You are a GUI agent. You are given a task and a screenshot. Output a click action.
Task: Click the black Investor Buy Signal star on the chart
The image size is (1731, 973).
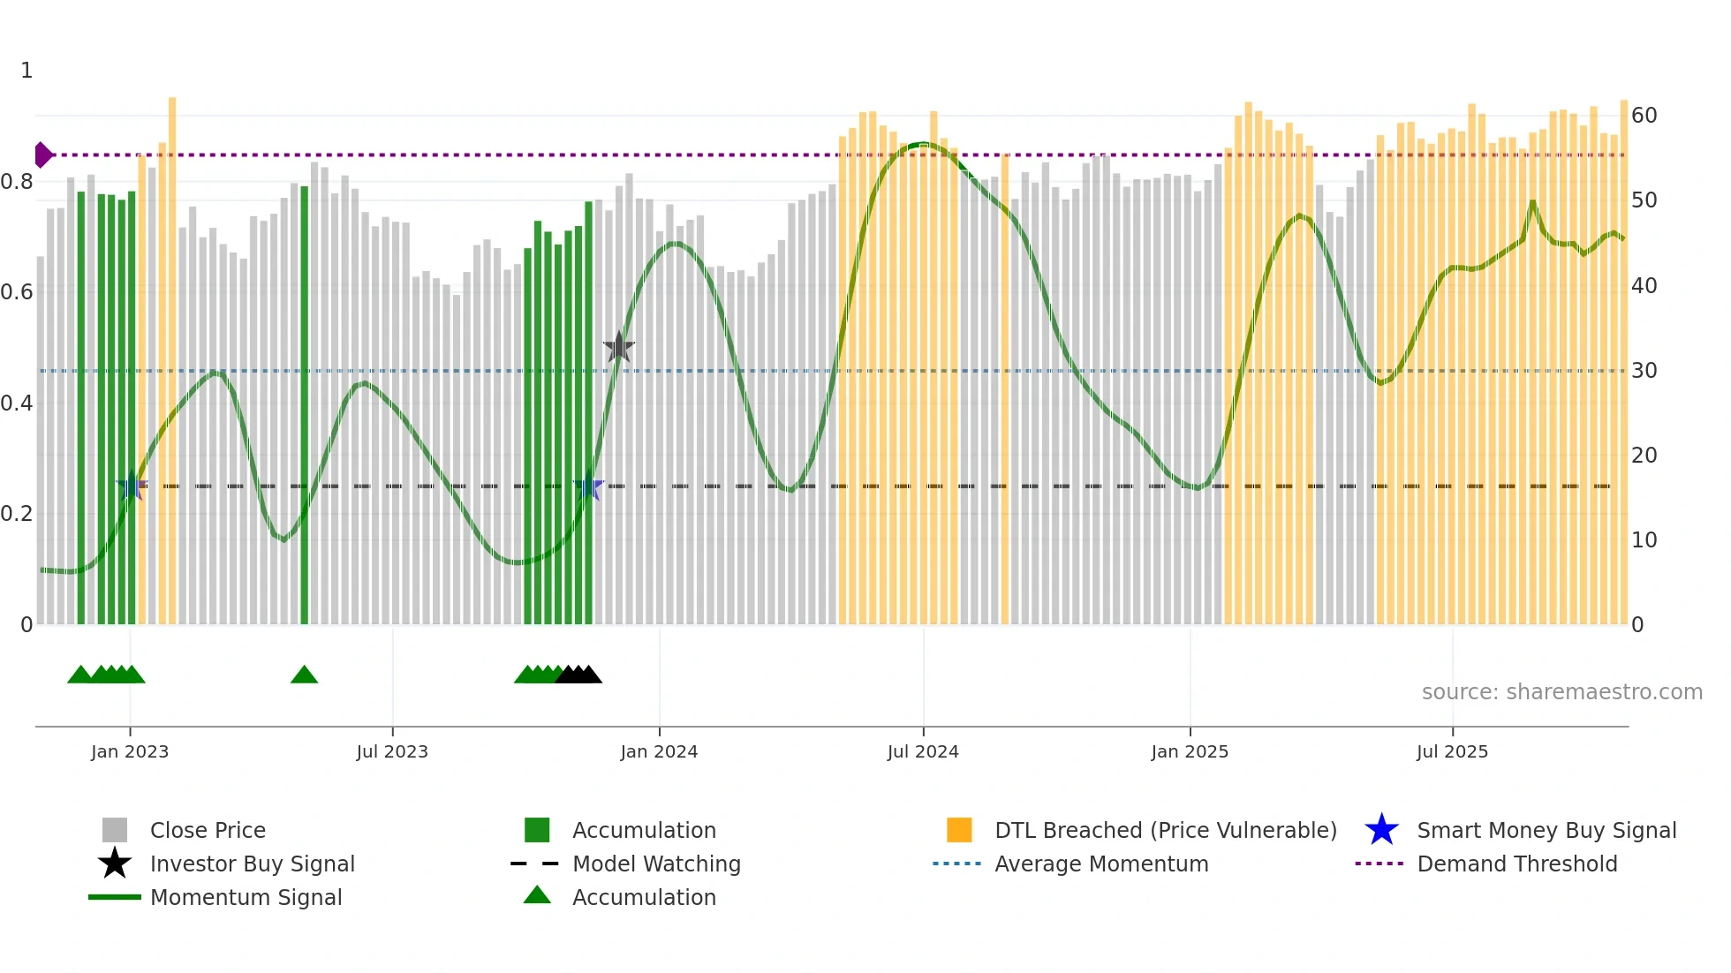point(619,347)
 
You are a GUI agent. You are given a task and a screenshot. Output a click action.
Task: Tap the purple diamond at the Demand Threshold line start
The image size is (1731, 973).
point(42,155)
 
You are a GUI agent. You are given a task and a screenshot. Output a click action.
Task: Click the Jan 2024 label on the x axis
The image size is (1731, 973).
point(659,751)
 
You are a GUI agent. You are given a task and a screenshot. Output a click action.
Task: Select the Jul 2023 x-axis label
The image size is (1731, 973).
point(392,751)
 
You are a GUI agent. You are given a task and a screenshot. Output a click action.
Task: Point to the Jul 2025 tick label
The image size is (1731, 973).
point(1452,751)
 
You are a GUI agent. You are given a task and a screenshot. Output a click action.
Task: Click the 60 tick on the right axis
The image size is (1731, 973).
point(1644,116)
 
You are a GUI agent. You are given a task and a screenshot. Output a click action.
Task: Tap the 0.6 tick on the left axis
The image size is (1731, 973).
point(17,292)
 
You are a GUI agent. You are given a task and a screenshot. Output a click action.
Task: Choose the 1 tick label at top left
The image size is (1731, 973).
point(26,71)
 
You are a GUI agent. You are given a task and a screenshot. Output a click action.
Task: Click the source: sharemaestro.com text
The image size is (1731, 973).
point(1561,691)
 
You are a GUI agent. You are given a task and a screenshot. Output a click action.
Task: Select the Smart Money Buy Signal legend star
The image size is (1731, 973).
point(1381,830)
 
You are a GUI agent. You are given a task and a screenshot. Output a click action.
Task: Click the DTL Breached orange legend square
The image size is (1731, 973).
point(959,830)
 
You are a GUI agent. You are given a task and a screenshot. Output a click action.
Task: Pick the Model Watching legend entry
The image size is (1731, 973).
point(656,864)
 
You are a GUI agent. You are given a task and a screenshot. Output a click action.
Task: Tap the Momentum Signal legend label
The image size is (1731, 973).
point(246,897)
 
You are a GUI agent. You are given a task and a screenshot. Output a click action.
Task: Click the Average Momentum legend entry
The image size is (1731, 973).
point(1101,864)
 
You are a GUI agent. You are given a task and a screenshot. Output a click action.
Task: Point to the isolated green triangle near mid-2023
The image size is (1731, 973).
point(304,675)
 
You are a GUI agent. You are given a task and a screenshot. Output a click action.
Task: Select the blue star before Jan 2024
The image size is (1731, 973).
point(588,486)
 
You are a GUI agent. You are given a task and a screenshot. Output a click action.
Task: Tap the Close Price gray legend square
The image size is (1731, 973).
point(115,830)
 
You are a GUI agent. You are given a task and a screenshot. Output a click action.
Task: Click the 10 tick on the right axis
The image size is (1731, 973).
point(1644,540)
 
